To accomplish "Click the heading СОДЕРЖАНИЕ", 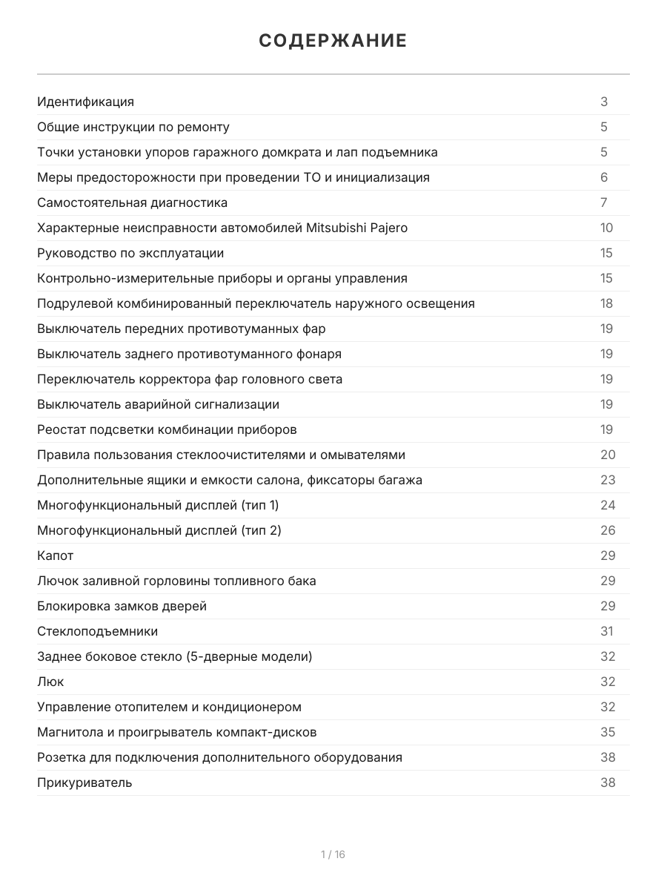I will click(x=333, y=41).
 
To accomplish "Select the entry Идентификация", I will click(x=86, y=102).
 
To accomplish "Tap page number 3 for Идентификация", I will click(x=604, y=102).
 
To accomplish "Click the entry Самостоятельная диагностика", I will click(x=133, y=202).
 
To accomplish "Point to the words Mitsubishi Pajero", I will click(x=356, y=228).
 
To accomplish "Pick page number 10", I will click(x=606, y=228).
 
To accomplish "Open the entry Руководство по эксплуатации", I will click(x=130, y=253).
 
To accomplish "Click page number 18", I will click(x=606, y=303).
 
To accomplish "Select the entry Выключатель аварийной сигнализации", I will click(x=158, y=404).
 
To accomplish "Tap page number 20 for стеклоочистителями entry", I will click(x=607, y=455).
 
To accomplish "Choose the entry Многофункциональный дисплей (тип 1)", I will click(x=158, y=505).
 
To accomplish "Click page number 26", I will click(x=607, y=530).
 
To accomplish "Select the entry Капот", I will click(x=56, y=556).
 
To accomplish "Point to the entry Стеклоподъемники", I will click(x=97, y=631).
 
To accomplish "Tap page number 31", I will click(x=606, y=631).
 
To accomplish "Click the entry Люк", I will click(x=50, y=682).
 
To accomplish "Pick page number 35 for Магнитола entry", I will click(x=607, y=732).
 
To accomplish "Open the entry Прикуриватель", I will click(x=84, y=782).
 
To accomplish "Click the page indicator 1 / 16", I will click(x=333, y=854).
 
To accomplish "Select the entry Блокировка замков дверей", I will click(x=122, y=606).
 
